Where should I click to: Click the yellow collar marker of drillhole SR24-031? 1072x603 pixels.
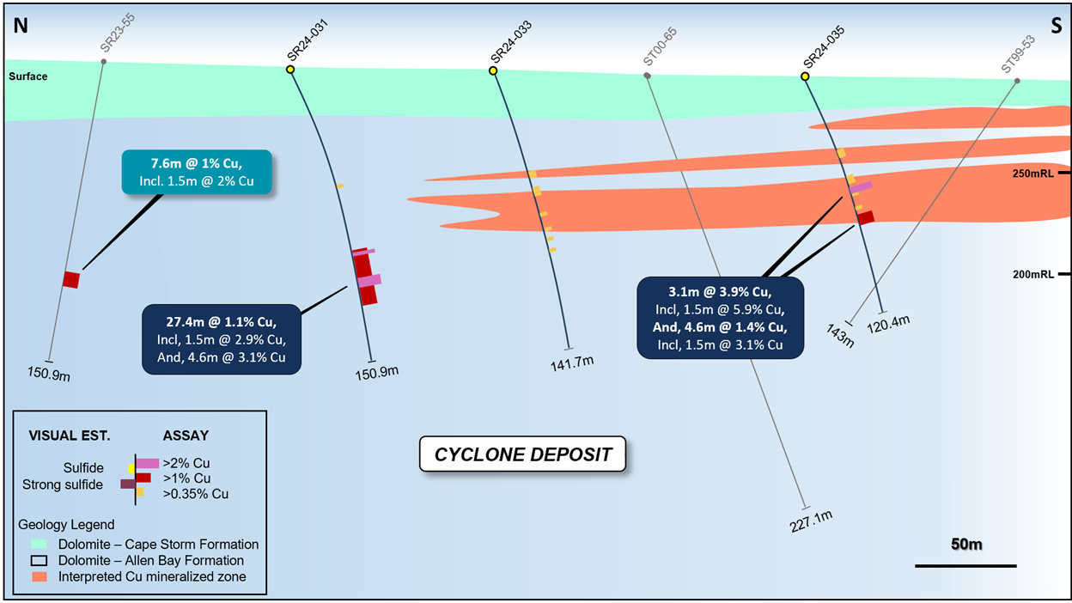click(x=290, y=70)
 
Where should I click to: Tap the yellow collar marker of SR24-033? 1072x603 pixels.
click(x=493, y=70)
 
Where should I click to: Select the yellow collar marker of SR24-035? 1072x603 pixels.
click(x=805, y=76)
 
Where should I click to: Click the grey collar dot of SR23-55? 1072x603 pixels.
click(x=103, y=62)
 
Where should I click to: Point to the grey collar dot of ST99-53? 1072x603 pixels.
click(x=1017, y=81)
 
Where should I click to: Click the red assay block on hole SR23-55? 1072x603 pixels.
click(x=71, y=280)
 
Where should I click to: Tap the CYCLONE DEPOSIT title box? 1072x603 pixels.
click(x=522, y=454)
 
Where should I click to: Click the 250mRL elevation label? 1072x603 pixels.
click(x=1032, y=174)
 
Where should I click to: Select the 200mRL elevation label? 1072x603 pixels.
click(x=1032, y=274)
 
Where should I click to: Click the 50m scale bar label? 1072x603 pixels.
click(x=966, y=544)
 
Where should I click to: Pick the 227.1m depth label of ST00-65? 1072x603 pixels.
click(x=811, y=521)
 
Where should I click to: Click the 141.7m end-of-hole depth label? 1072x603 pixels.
click(x=572, y=363)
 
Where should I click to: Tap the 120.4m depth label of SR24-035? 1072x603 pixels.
click(x=888, y=325)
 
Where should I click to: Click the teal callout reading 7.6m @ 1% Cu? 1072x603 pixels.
click(x=197, y=173)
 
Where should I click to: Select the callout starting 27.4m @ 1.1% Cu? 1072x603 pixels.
click(x=222, y=339)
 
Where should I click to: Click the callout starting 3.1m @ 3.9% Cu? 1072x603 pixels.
click(x=720, y=318)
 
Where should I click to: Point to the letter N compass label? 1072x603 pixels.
click(x=21, y=26)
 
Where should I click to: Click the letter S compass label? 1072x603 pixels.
click(x=1057, y=26)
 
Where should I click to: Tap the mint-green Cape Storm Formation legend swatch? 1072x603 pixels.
click(x=39, y=544)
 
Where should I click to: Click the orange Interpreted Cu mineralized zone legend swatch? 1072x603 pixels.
click(x=39, y=576)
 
